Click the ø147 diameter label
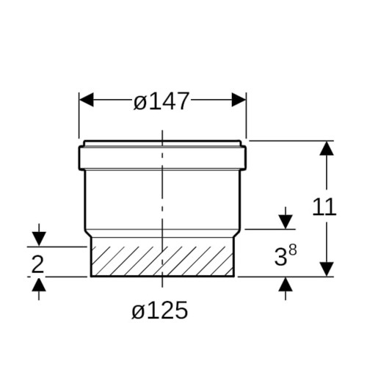pyautogui.click(x=161, y=101)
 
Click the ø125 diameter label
pyautogui.click(x=160, y=310)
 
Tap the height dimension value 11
pyautogui.click(x=324, y=207)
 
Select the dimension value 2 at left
pyautogui.click(x=37, y=264)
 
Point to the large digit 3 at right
pyautogui.click(x=280, y=257)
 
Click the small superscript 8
pyautogui.click(x=293, y=250)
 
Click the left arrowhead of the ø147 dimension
pyautogui.click(x=87, y=100)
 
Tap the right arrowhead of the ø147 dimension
pyautogui.click(x=239, y=100)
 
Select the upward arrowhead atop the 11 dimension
pyautogui.click(x=327, y=148)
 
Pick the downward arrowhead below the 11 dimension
pyautogui.click(x=327, y=269)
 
